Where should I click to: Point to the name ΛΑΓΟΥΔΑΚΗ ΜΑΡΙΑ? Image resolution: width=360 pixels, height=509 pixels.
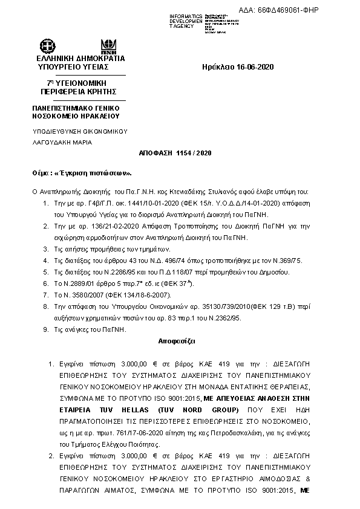tap(62, 142)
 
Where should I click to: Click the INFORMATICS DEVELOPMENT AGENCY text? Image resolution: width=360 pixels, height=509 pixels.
tap(186, 21)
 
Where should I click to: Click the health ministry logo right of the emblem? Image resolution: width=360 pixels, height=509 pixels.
tap(110, 46)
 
